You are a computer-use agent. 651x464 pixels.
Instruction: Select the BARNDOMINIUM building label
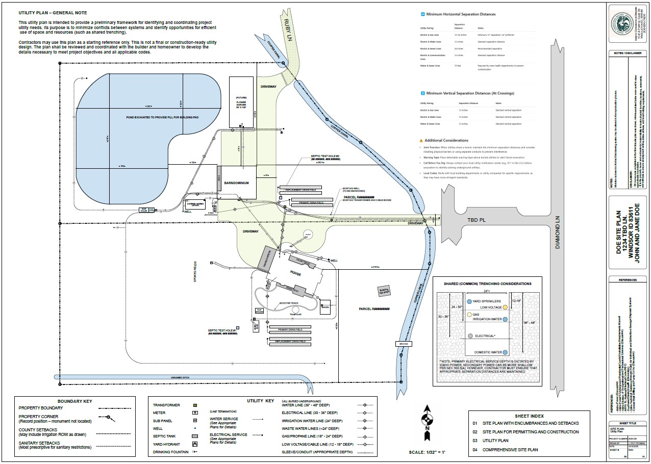point(236,183)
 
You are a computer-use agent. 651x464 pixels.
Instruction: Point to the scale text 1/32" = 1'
point(427,452)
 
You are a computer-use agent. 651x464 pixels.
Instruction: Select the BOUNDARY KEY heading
point(76,401)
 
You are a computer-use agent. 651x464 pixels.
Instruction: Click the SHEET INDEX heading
point(529,415)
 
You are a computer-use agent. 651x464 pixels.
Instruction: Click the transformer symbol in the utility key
point(195,405)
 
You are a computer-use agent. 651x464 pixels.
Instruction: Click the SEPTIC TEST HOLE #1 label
point(222,330)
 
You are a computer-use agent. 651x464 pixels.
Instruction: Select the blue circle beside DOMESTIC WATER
point(505,352)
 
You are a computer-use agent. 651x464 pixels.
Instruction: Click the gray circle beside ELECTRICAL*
point(470,337)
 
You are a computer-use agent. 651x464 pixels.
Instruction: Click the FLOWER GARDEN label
point(241,102)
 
